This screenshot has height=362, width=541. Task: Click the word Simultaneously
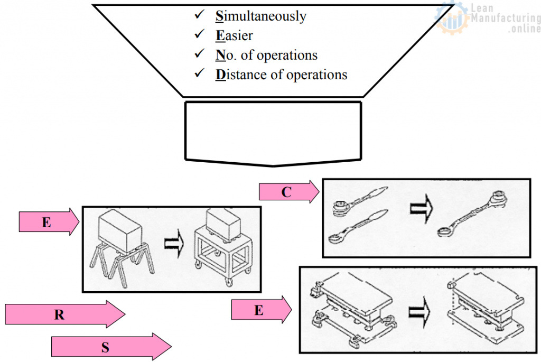260,16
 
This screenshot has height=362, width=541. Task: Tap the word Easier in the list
234,36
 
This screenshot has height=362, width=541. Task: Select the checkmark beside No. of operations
200,54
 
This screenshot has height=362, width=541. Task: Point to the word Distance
241,75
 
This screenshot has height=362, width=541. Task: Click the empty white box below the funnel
273,131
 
